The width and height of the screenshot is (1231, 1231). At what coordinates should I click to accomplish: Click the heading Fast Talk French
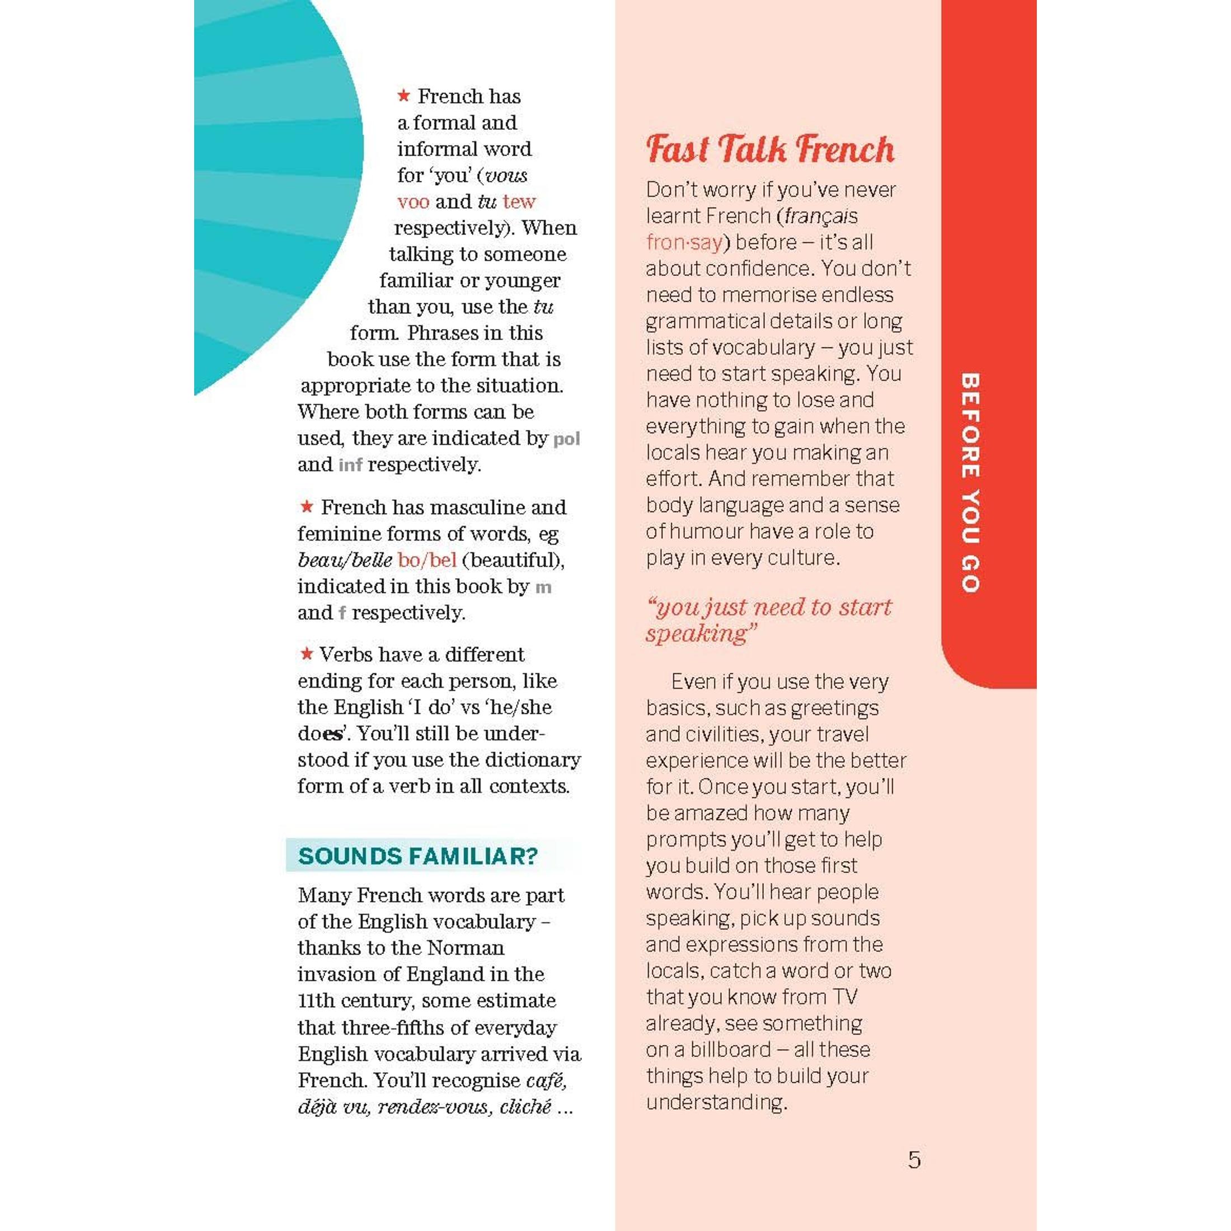click(x=770, y=151)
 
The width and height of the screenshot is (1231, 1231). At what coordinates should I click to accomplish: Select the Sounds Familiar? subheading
click(x=418, y=856)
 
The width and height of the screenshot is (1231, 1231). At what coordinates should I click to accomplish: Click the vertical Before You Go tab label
click(x=970, y=482)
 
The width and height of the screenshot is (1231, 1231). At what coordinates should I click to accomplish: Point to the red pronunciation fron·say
click(x=684, y=243)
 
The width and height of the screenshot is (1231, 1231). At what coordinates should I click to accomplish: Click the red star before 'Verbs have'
click(x=307, y=654)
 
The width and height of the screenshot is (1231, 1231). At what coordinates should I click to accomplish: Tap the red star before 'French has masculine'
click(x=307, y=506)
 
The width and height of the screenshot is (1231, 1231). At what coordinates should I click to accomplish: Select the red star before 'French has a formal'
click(x=403, y=96)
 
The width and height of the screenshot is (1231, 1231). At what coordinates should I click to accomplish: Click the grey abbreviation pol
click(x=566, y=439)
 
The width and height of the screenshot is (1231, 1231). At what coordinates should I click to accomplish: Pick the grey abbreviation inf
click(x=350, y=465)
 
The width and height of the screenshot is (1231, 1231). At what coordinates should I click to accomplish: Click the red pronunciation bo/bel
click(x=427, y=560)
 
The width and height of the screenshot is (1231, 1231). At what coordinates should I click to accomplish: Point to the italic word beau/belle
click(x=345, y=560)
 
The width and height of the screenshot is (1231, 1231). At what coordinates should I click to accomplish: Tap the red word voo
click(x=413, y=202)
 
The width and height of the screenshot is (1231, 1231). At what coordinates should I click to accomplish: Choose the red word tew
click(x=519, y=202)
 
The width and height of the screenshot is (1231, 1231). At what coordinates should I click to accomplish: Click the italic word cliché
click(x=525, y=1107)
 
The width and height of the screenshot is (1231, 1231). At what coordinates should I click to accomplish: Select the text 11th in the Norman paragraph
click(x=316, y=1000)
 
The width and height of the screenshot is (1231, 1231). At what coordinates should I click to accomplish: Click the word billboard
click(x=730, y=1049)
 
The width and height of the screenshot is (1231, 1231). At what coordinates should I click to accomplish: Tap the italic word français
click(x=821, y=216)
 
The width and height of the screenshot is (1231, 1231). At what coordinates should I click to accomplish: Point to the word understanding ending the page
click(x=716, y=1102)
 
